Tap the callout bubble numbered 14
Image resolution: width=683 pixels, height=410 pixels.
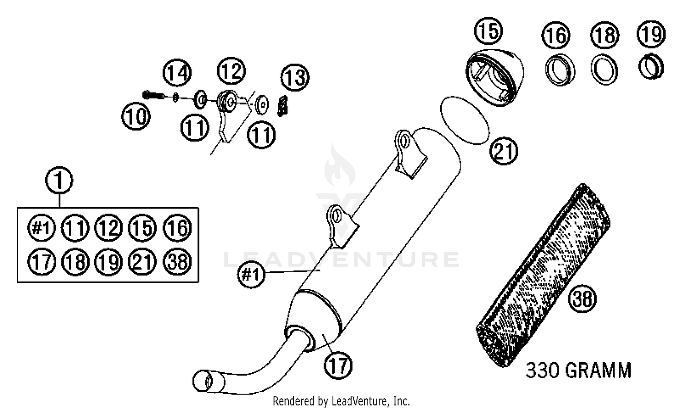178,72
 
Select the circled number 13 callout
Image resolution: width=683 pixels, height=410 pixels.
295,77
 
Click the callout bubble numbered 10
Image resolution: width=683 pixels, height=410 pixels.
136,117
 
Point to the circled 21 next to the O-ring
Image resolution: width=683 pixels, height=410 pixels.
504,151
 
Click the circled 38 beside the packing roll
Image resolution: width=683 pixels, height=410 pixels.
583,299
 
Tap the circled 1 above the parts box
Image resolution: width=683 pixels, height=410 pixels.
59,180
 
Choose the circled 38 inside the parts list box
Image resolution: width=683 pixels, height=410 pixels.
177,261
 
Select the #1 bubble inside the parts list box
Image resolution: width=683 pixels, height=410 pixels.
41,228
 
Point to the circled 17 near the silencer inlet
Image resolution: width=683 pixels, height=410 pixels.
338,365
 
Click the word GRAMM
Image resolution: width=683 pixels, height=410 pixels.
598,370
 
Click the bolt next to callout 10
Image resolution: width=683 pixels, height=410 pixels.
153,95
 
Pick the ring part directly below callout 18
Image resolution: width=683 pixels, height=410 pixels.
605,70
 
